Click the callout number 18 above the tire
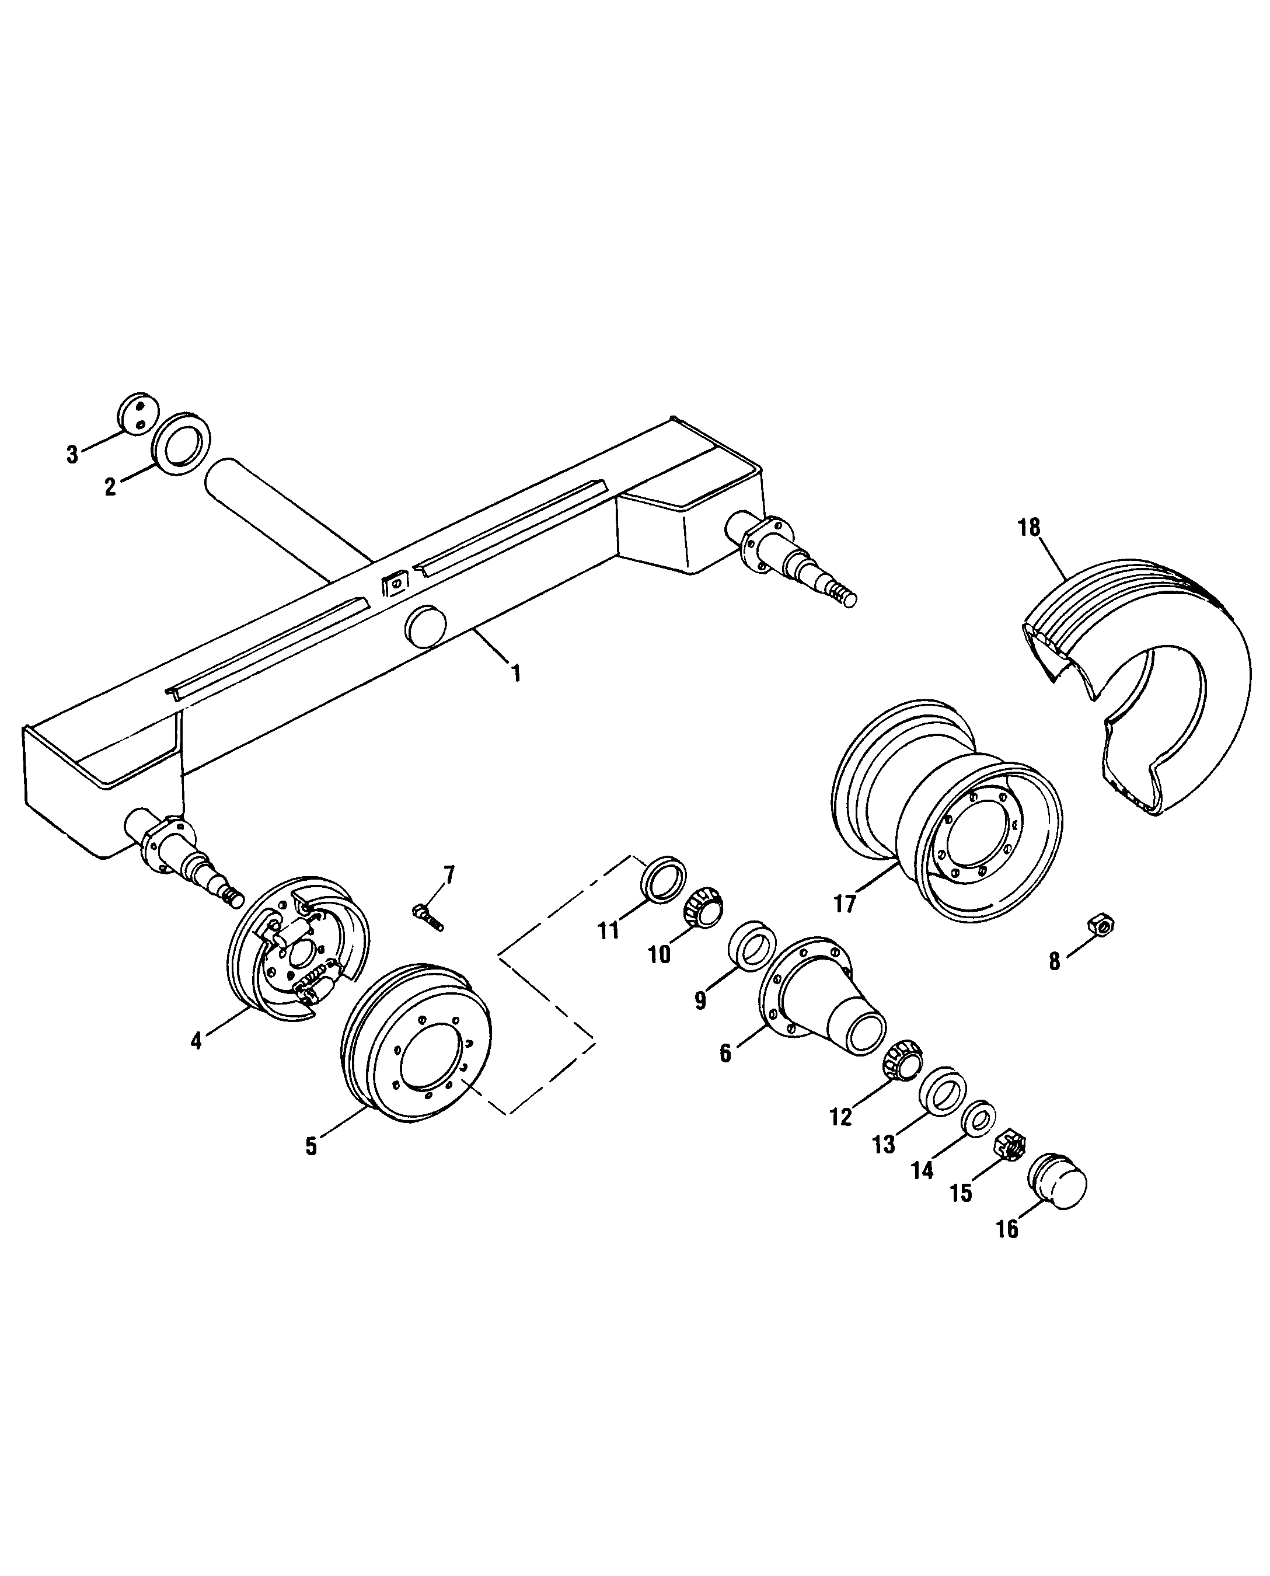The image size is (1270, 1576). (1028, 528)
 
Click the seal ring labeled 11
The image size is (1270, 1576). (664, 878)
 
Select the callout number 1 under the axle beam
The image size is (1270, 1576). (517, 673)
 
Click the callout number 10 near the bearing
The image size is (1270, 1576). (659, 954)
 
